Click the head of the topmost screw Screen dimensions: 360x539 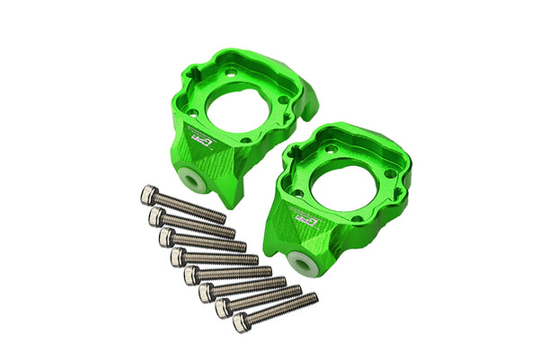(148, 194)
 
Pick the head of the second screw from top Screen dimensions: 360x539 (156, 216)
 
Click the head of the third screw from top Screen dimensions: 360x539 (166, 236)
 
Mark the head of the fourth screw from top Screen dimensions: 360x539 (178, 257)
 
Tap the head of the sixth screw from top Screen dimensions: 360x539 (206, 292)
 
